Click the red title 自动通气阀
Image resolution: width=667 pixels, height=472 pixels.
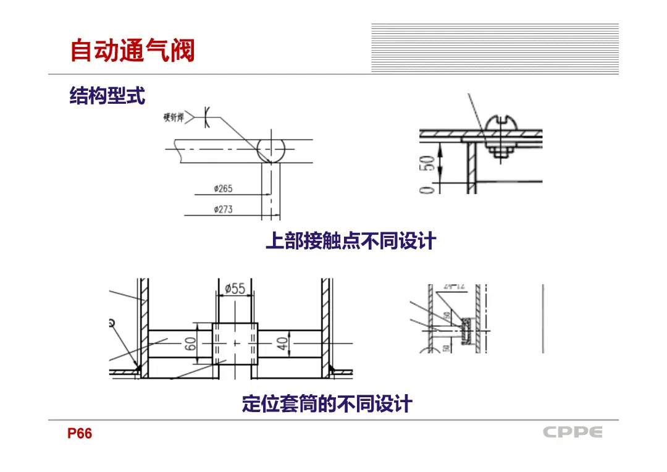pos(132,51)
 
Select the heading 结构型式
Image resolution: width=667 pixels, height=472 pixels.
pos(107,96)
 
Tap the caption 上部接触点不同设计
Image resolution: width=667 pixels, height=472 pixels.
pos(350,241)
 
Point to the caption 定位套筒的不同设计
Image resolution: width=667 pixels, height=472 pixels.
pos(327,405)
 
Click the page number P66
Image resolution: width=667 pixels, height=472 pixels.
pos(80,434)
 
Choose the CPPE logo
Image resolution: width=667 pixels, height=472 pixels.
pos(573,432)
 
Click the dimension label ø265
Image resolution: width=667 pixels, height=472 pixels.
pos(223,188)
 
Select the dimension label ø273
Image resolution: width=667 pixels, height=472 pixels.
pos(223,209)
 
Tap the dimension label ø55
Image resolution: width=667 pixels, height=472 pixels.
pos(235,289)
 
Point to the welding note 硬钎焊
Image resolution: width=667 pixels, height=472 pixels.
pos(174,117)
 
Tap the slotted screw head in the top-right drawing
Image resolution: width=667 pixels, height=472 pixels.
pos(500,125)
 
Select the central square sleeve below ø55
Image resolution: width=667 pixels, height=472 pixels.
pos(235,343)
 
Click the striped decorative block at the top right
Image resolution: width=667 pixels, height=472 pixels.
pos(495,48)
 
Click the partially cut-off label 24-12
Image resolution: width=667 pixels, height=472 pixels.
pos(454,287)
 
